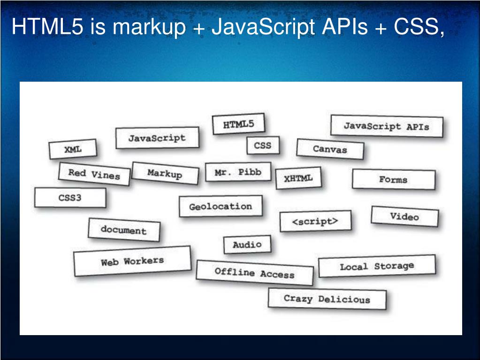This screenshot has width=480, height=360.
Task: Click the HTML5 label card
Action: click(238, 124)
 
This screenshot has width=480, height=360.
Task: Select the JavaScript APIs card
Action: click(387, 126)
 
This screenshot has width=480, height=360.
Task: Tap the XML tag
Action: click(73, 149)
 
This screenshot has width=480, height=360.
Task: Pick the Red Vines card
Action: click(94, 174)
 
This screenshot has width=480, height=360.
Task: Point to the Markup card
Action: click(165, 173)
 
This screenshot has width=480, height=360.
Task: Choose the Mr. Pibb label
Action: click(238, 172)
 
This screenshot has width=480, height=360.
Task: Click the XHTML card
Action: click(298, 178)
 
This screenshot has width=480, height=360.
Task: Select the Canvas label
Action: click(330, 149)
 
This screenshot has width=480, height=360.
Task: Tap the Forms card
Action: click(393, 179)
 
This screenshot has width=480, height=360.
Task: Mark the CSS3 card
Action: click(70, 198)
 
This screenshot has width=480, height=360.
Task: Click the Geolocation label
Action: click(221, 207)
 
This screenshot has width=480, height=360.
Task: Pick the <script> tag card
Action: click(315, 222)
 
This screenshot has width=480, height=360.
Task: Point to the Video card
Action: click(404, 216)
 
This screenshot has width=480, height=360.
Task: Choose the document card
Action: click(123, 230)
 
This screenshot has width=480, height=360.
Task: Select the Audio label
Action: click(247, 245)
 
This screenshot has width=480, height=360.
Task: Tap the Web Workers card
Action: click(132, 261)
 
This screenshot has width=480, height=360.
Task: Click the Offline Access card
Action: click(254, 273)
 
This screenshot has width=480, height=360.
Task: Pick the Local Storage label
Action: click(377, 267)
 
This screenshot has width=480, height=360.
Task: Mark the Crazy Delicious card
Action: click(327, 299)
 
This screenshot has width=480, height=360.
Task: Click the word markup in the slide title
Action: click(149, 28)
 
